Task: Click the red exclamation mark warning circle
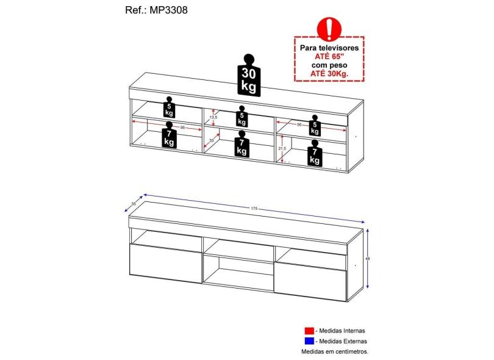click(330, 27)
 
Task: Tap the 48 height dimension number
click(368, 259)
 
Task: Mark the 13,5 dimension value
click(213, 117)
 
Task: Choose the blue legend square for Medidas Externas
click(309, 341)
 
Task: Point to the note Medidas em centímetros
click(335, 352)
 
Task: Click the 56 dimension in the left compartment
click(182, 128)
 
